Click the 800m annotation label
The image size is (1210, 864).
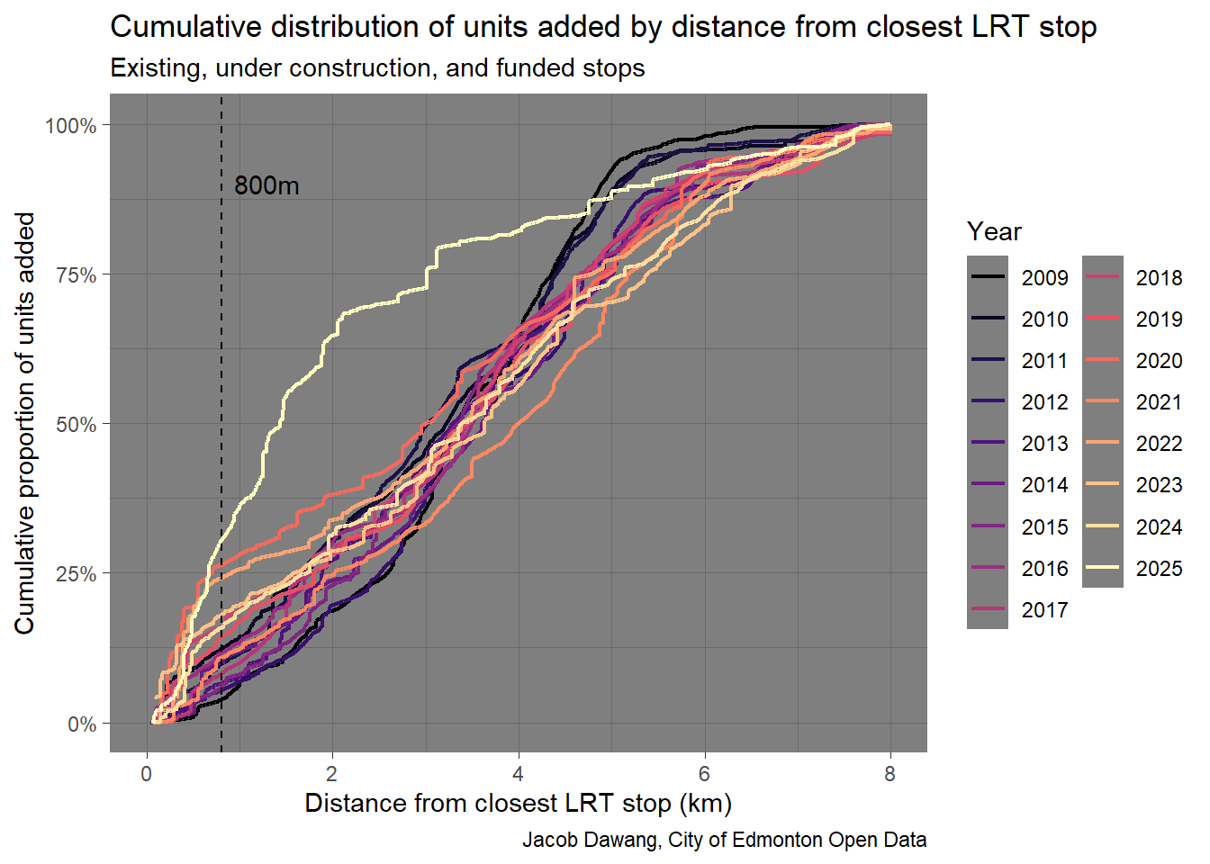(x=266, y=185)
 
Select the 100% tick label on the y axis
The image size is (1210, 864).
(x=71, y=125)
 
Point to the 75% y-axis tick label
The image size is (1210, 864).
(x=76, y=274)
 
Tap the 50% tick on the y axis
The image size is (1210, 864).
(x=76, y=424)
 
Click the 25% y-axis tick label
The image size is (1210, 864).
(x=76, y=573)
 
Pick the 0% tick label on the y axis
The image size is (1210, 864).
(x=82, y=724)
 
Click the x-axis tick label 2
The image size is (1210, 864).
(x=332, y=774)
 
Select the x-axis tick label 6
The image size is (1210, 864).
(x=704, y=774)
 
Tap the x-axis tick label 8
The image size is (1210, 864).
(x=889, y=774)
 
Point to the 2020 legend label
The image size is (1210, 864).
(x=1159, y=360)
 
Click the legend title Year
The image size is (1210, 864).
(x=994, y=231)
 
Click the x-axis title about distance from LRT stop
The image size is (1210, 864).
(x=518, y=803)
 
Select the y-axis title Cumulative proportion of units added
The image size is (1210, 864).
(x=24, y=423)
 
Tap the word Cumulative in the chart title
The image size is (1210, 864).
(x=174, y=27)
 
